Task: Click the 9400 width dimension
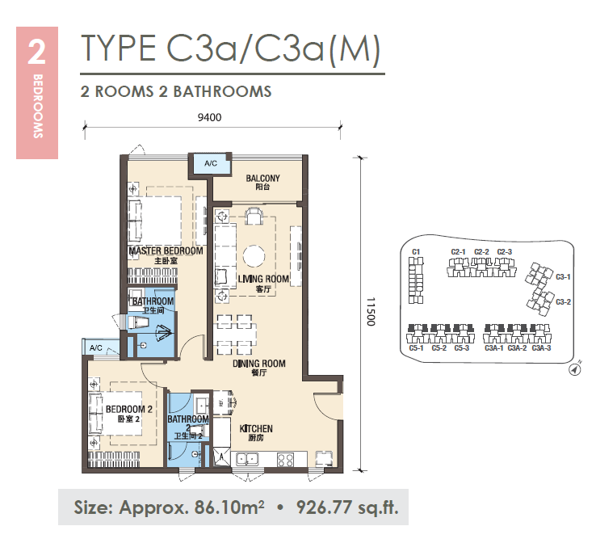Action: click(x=209, y=117)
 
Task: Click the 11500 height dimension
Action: click(x=371, y=312)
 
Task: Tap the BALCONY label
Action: click(x=262, y=179)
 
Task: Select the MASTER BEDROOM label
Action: click(x=166, y=251)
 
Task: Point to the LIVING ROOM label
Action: click(x=263, y=279)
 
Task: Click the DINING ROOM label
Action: click(x=259, y=364)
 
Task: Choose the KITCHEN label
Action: click(x=256, y=428)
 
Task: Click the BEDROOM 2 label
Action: click(x=129, y=409)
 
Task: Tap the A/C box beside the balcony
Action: click(x=211, y=163)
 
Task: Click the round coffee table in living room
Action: click(x=254, y=256)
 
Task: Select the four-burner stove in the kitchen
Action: click(x=285, y=460)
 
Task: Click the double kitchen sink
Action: click(x=247, y=459)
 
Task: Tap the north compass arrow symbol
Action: click(x=575, y=369)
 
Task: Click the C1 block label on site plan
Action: click(x=416, y=252)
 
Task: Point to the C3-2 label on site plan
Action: click(x=564, y=302)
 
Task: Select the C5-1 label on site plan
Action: click(x=416, y=348)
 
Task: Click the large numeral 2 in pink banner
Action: click(x=37, y=52)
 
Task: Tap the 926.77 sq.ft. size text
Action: click(x=347, y=507)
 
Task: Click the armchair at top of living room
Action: click(x=253, y=216)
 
